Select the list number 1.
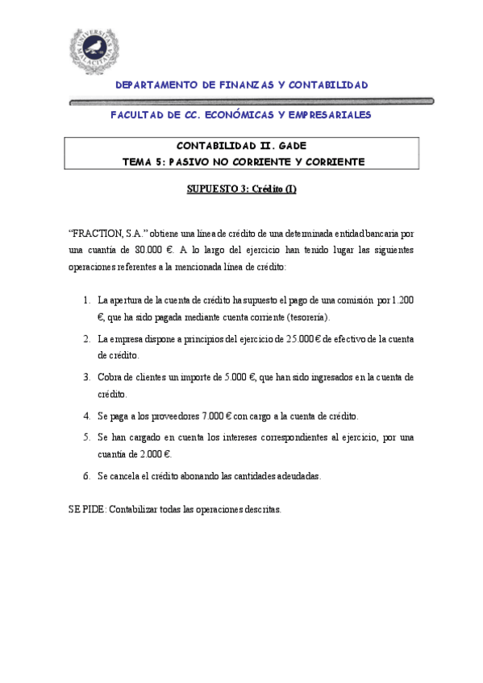click(x=86, y=300)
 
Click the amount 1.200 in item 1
click(x=402, y=300)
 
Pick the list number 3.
click(x=86, y=377)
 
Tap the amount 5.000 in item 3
click(x=234, y=377)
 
